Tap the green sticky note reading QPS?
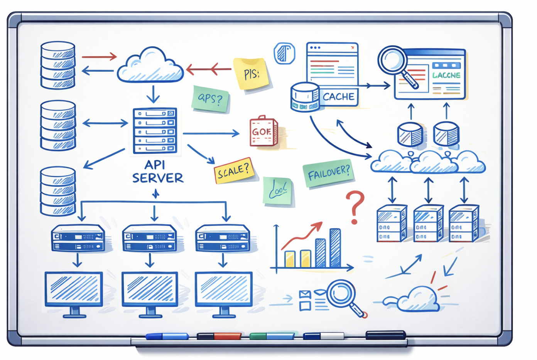[210, 99]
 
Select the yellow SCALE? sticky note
[234, 170]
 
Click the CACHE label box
[338, 97]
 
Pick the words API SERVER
[157, 172]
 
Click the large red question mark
[355, 207]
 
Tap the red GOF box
[263, 132]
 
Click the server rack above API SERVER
[155, 131]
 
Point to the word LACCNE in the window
[446, 75]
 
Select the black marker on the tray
[385, 335]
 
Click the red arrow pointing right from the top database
[99, 57]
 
